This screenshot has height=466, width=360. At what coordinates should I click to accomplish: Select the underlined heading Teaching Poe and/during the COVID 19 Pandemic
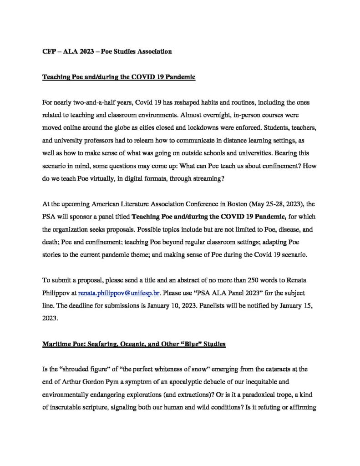pos(119,78)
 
